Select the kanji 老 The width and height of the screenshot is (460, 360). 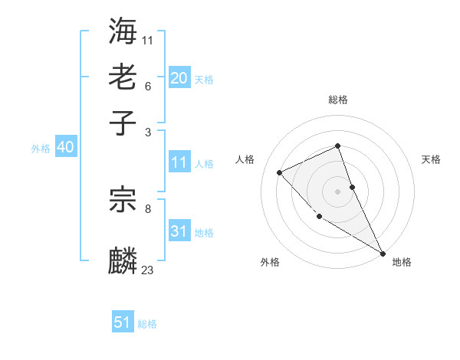pos(123,77)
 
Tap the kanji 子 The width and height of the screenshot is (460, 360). pos(123,123)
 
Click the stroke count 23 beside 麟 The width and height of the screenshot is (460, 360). pos(148,270)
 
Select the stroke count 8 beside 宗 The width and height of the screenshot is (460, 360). pos(148,208)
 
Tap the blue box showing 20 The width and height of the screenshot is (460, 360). pos(179,77)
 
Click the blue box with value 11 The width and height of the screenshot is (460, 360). pos(179,162)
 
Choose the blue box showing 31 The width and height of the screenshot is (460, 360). pos(179,231)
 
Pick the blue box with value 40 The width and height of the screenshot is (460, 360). pos(65,147)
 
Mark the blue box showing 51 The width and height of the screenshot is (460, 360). pos(123,322)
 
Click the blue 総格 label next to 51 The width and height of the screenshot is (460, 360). pos(147,324)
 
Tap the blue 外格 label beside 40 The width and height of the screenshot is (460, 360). pos(41,149)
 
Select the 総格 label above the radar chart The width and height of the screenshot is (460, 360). pos(338,100)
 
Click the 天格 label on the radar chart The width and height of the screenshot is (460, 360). pos(431,159)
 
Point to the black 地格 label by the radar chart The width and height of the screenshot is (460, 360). pos(402,262)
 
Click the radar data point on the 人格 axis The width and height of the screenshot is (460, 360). pos(280,172)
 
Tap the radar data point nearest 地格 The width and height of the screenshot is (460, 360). pos(383,254)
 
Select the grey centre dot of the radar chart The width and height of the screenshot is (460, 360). pos(338,191)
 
